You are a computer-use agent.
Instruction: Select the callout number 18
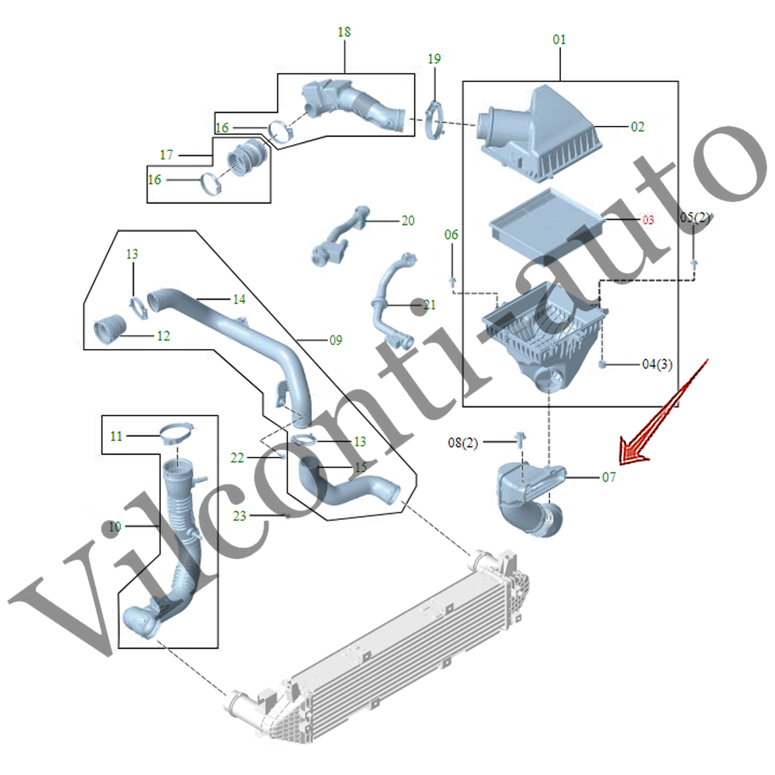click(344, 32)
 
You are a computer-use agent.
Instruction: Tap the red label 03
click(647, 219)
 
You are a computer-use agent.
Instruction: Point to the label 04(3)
click(656, 364)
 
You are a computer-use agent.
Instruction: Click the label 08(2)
click(462, 442)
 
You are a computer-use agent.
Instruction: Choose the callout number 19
click(434, 59)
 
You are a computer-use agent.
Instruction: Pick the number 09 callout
click(335, 340)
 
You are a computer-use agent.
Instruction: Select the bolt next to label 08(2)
click(521, 437)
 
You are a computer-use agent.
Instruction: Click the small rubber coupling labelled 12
click(110, 329)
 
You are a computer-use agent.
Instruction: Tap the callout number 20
click(408, 221)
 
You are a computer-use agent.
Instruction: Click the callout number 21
click(429, 305)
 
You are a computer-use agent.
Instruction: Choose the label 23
click(239, 515)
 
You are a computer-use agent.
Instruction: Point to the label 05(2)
click(695, 217)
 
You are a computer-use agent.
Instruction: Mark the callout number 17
click(166, 155)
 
